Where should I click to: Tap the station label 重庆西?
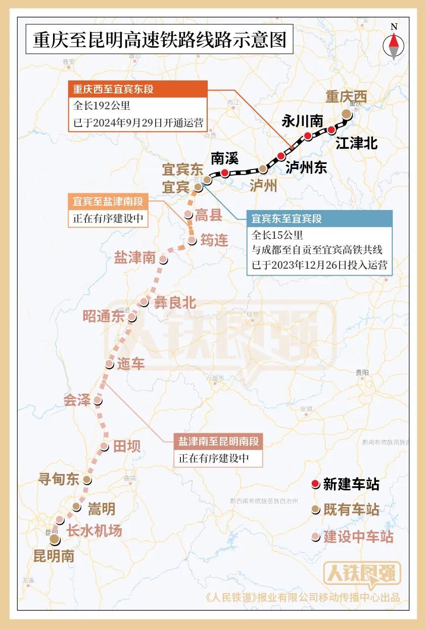pos(346,97)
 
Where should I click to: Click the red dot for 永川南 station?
pos(307,136)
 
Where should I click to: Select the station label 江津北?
pos(356,144)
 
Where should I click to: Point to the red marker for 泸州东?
pos(281,156)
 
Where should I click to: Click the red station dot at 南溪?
pos(224,173)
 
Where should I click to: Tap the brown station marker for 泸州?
pos(262,169)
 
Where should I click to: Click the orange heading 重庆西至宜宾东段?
pos(113,90)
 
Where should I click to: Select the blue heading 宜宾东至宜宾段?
pos(287,219)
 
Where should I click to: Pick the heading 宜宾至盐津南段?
pos(108,201)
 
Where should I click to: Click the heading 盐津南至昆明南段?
pos(218,441)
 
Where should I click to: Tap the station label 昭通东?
pos(104,316)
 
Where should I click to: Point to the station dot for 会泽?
pos(98,401)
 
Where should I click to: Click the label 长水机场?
pos(95,531)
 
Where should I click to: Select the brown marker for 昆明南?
pos(54,540)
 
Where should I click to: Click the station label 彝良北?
pos(175,303)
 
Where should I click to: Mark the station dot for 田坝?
pos(104,446)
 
